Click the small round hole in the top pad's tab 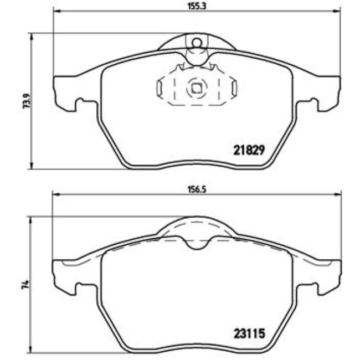point(195,40)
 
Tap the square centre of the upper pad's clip point(196,87)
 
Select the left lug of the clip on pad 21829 point(158,88)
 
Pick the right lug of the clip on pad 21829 point(234,88)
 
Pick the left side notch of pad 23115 point(81,286)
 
